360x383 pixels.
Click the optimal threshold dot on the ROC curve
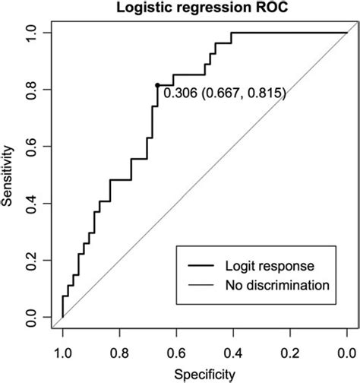pos(157,85)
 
